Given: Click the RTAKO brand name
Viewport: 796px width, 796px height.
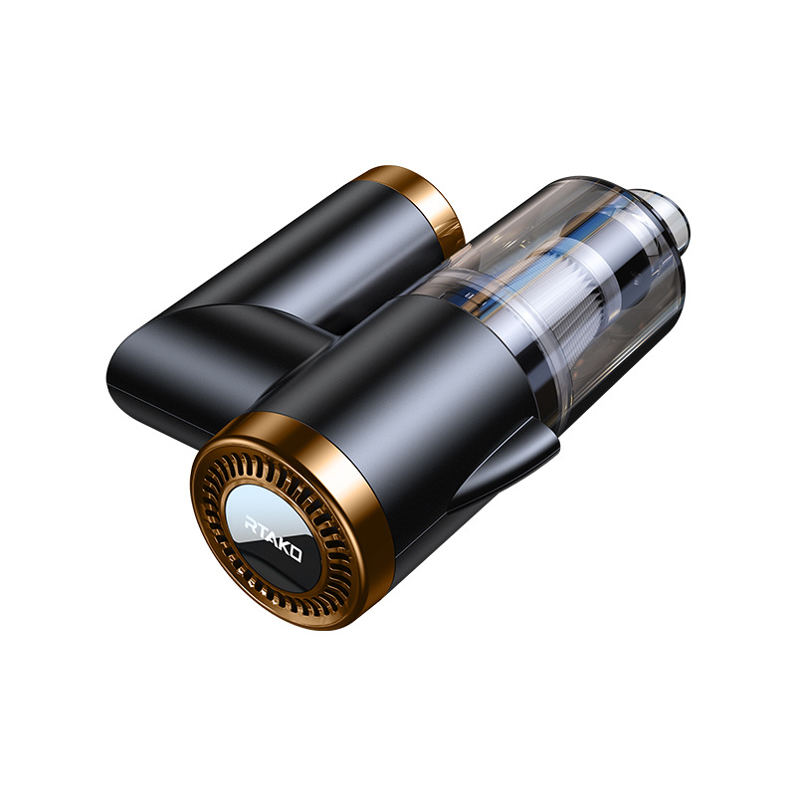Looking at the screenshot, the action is point(273,538).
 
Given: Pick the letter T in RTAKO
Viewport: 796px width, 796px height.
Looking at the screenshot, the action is point(261,529).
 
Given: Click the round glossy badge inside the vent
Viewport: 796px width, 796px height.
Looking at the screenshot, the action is point(272,537).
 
